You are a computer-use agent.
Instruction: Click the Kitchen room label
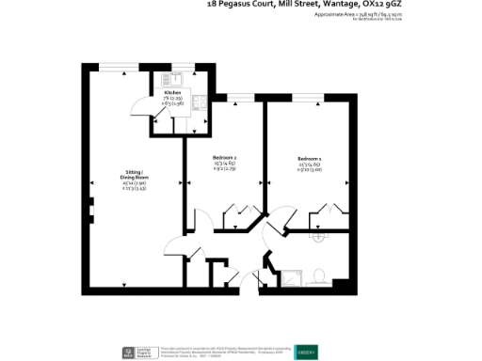tap(172, 93)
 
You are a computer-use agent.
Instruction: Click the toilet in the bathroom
tap(320, 275)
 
